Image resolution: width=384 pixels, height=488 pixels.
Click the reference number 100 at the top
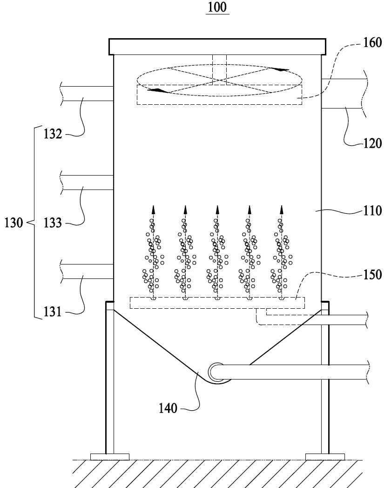coord(217,7)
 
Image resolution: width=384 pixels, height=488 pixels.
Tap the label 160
coord(372,42)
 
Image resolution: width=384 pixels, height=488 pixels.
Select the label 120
coord(372,143)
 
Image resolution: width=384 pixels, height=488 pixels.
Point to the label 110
coord(372,210)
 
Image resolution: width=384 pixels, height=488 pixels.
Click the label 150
coord(372,275)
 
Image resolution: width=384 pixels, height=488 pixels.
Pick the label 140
coord(168,408)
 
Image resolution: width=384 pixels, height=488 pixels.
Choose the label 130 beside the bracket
coord(13,223)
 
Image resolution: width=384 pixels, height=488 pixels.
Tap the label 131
coord(53,312)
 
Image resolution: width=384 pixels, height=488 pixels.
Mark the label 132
coord(53,134)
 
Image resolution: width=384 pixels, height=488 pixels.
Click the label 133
coord(53,223)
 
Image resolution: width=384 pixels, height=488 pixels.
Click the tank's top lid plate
coord(217,47)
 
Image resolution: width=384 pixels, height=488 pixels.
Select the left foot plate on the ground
coord(110,457)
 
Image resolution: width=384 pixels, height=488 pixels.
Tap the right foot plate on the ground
coord(325,457)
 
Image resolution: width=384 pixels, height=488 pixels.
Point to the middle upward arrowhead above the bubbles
coord(217,209)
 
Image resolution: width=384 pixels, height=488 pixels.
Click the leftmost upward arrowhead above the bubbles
coord(153,209)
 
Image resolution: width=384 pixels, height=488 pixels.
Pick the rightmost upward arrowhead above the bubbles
coord(281,209)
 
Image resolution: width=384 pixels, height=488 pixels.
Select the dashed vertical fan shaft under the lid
coord(219,70)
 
